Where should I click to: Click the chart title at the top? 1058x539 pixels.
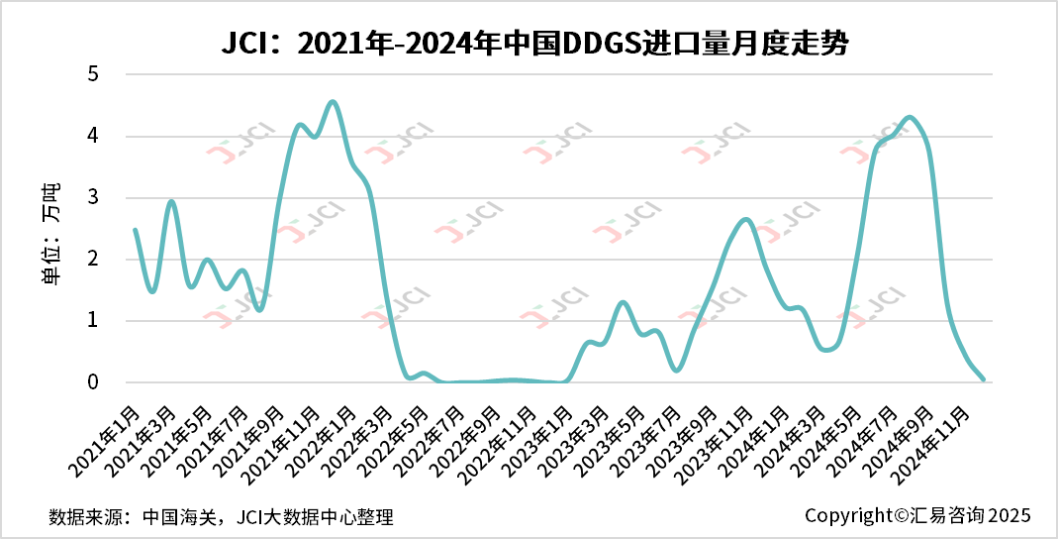pyautogui.click(x=529, y=44)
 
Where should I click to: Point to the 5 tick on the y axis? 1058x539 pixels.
pyautogui.click(x=93, y=74)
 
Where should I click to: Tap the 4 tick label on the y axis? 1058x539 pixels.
pyautogui.click(x=93, y=136)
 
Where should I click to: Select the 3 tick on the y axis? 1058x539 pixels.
pyautogui.click(x=93, y=197)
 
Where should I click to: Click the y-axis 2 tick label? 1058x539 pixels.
pyautogui.click(x=93, y=259)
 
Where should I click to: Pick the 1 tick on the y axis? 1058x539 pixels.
pyautogui.click(x=93, y=320)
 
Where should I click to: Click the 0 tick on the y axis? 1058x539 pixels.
pyautogui.click(x=93, y=382)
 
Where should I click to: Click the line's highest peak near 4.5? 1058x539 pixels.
pyautogui.click(x=333, y=101)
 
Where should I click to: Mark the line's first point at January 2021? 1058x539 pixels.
pyautogui.click(x=135, y=230)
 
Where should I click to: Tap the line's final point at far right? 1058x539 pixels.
pyautogui.click(x=983, y=378)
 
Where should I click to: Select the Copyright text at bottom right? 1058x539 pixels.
pyautogui.click(x=917, y=515)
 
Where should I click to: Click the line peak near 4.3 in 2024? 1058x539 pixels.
pyautogui.click(x=911, y=118)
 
